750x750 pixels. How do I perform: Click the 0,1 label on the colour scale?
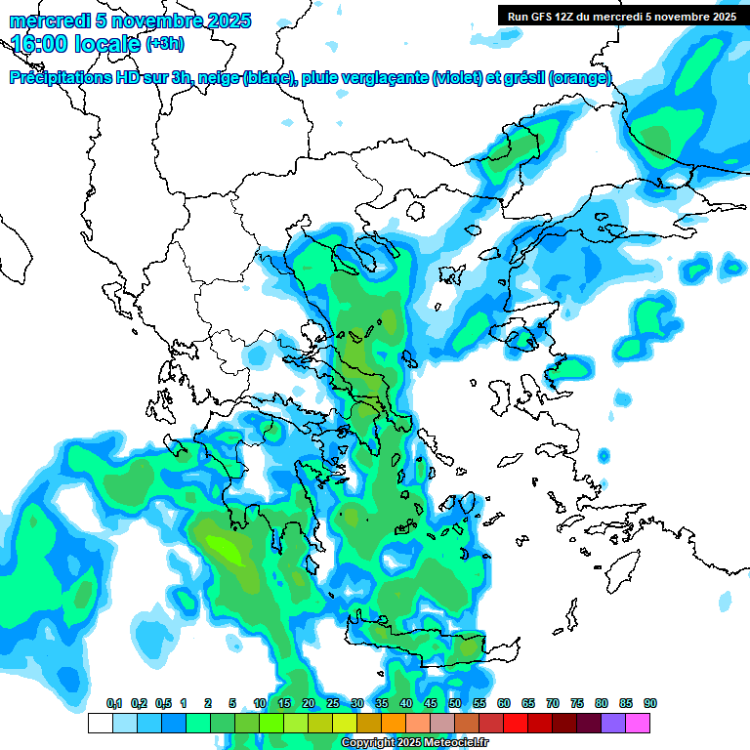[x=114, y=703]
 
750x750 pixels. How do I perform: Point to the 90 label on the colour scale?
[x=650, y=703]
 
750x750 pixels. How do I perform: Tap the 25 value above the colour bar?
[x=333, y=703]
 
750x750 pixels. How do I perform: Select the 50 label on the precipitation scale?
[x=455, y=703]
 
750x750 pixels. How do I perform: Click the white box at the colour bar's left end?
[x=100, y=723]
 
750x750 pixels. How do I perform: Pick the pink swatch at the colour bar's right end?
[x=638, y=723]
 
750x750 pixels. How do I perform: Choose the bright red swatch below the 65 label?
[x=516, y=723]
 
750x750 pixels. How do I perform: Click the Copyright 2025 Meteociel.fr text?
[x=414, y=743]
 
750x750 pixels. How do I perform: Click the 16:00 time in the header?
[x=40, y=43]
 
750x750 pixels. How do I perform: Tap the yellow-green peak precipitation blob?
[x=227, y=550]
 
